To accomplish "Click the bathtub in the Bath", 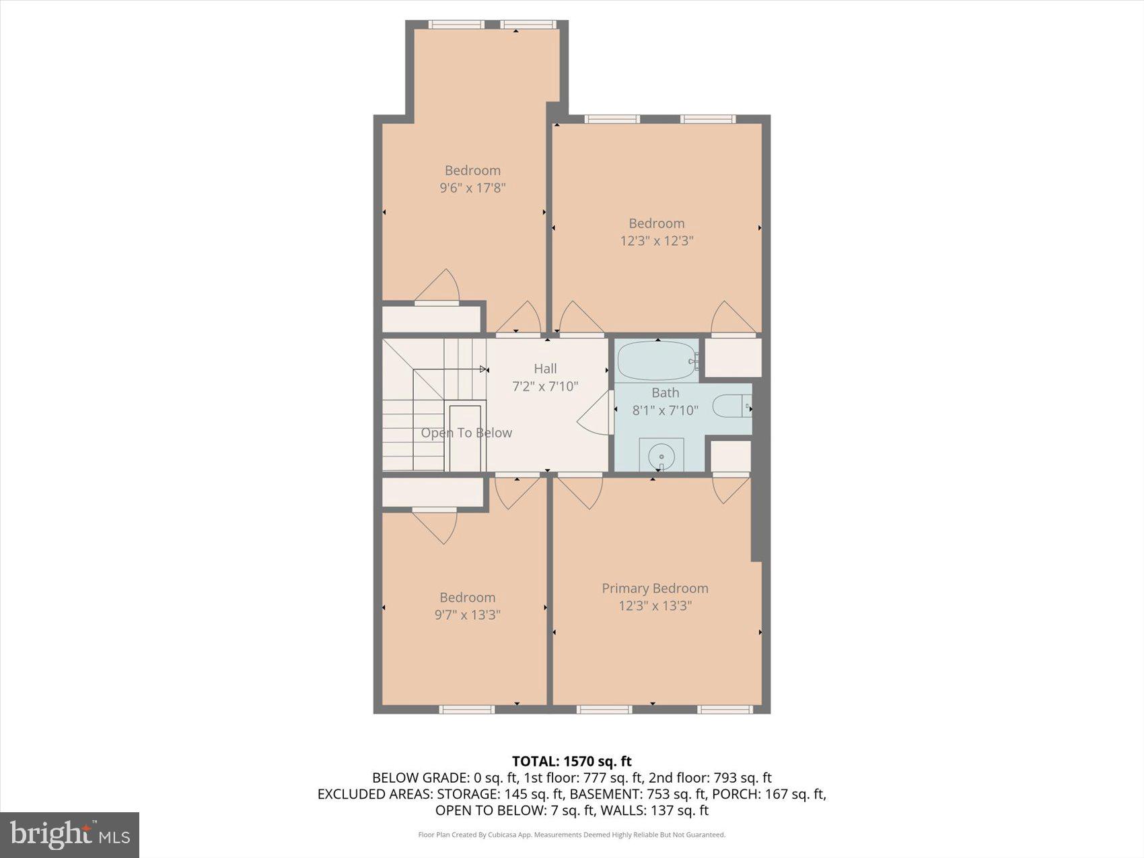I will [657, 361].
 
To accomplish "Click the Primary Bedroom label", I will [655, 588].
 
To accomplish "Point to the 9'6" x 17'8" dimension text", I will [472, 188].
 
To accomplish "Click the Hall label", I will [545, 368].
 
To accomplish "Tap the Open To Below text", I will [466, 433].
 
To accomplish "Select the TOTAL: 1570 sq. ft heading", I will [571, 761].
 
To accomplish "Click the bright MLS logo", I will [69, 834].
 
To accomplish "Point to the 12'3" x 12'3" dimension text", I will [656, 241].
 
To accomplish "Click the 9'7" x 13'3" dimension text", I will [467, 614].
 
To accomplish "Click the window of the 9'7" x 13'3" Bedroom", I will [466, 709].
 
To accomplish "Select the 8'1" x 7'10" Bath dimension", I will [665, 410].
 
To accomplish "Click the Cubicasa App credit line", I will [571, 835].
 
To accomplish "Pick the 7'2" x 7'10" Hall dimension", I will [545, 386].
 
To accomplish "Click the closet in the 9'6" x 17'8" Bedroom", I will [431, 319].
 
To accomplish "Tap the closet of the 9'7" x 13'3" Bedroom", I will [433, 492].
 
